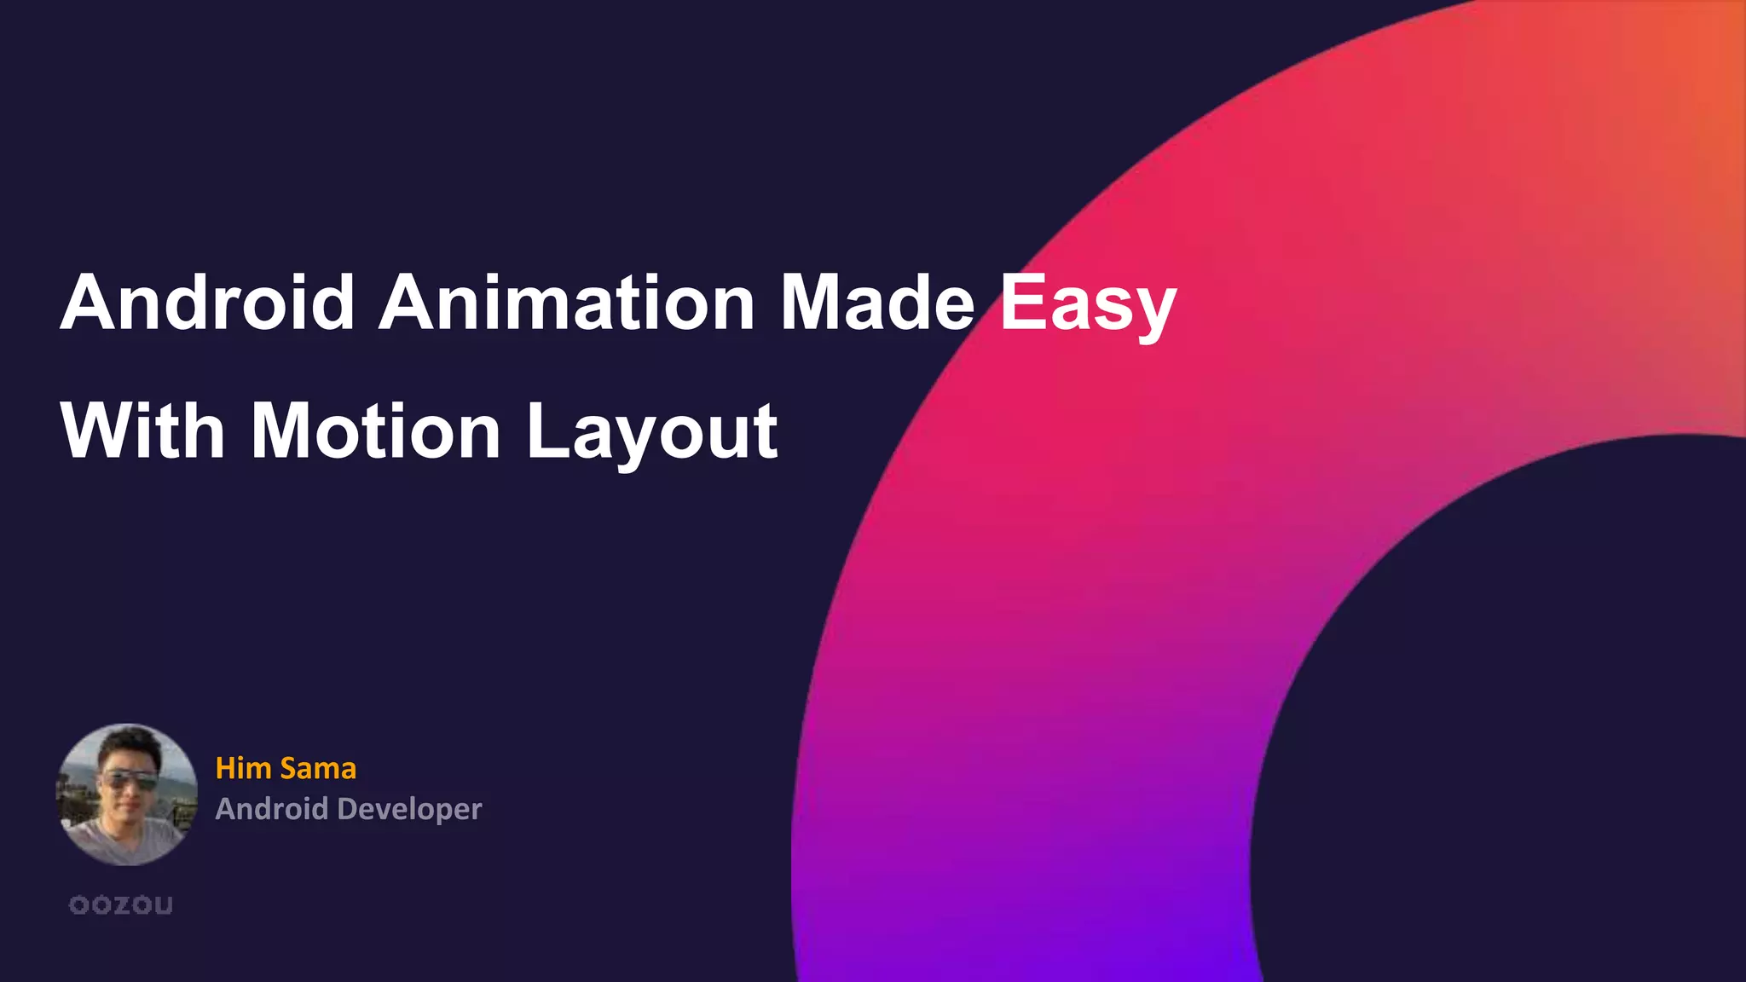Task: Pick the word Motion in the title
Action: pos(376,431)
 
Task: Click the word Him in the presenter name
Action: pos(243,768)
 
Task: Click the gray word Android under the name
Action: pos(271,808)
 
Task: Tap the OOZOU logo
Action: pos(121,905)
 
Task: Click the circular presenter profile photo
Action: pos(126,794)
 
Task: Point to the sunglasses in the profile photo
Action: pos(129,779)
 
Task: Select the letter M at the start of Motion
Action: pos(280,431)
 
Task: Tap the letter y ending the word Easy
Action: pos(1152,310)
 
